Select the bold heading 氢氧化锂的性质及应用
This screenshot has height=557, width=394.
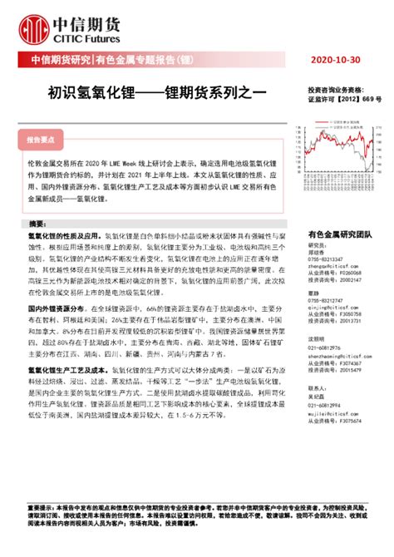[67, 238]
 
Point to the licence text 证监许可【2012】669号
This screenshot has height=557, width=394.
[344, 98]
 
